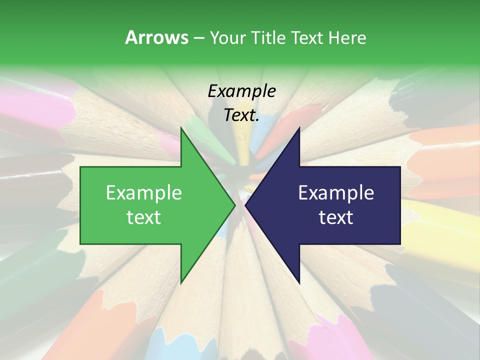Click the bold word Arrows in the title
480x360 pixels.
pos(156,37)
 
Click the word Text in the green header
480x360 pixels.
pos(308,38)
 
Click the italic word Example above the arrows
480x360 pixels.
pos(241,91)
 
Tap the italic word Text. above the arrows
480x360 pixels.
pos(241,115)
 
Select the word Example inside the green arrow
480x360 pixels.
pos(144,193)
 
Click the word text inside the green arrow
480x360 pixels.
pos(144,217)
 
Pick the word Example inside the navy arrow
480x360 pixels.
pos(336,193)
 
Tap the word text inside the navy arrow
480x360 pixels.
pos(336,217)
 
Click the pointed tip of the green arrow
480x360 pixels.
pos(234,205)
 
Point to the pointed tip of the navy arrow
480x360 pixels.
pos(246,205)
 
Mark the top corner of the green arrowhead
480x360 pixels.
pos(181,128)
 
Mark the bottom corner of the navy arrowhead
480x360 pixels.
pos(299,283)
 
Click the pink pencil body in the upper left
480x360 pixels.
pos(30,107)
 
